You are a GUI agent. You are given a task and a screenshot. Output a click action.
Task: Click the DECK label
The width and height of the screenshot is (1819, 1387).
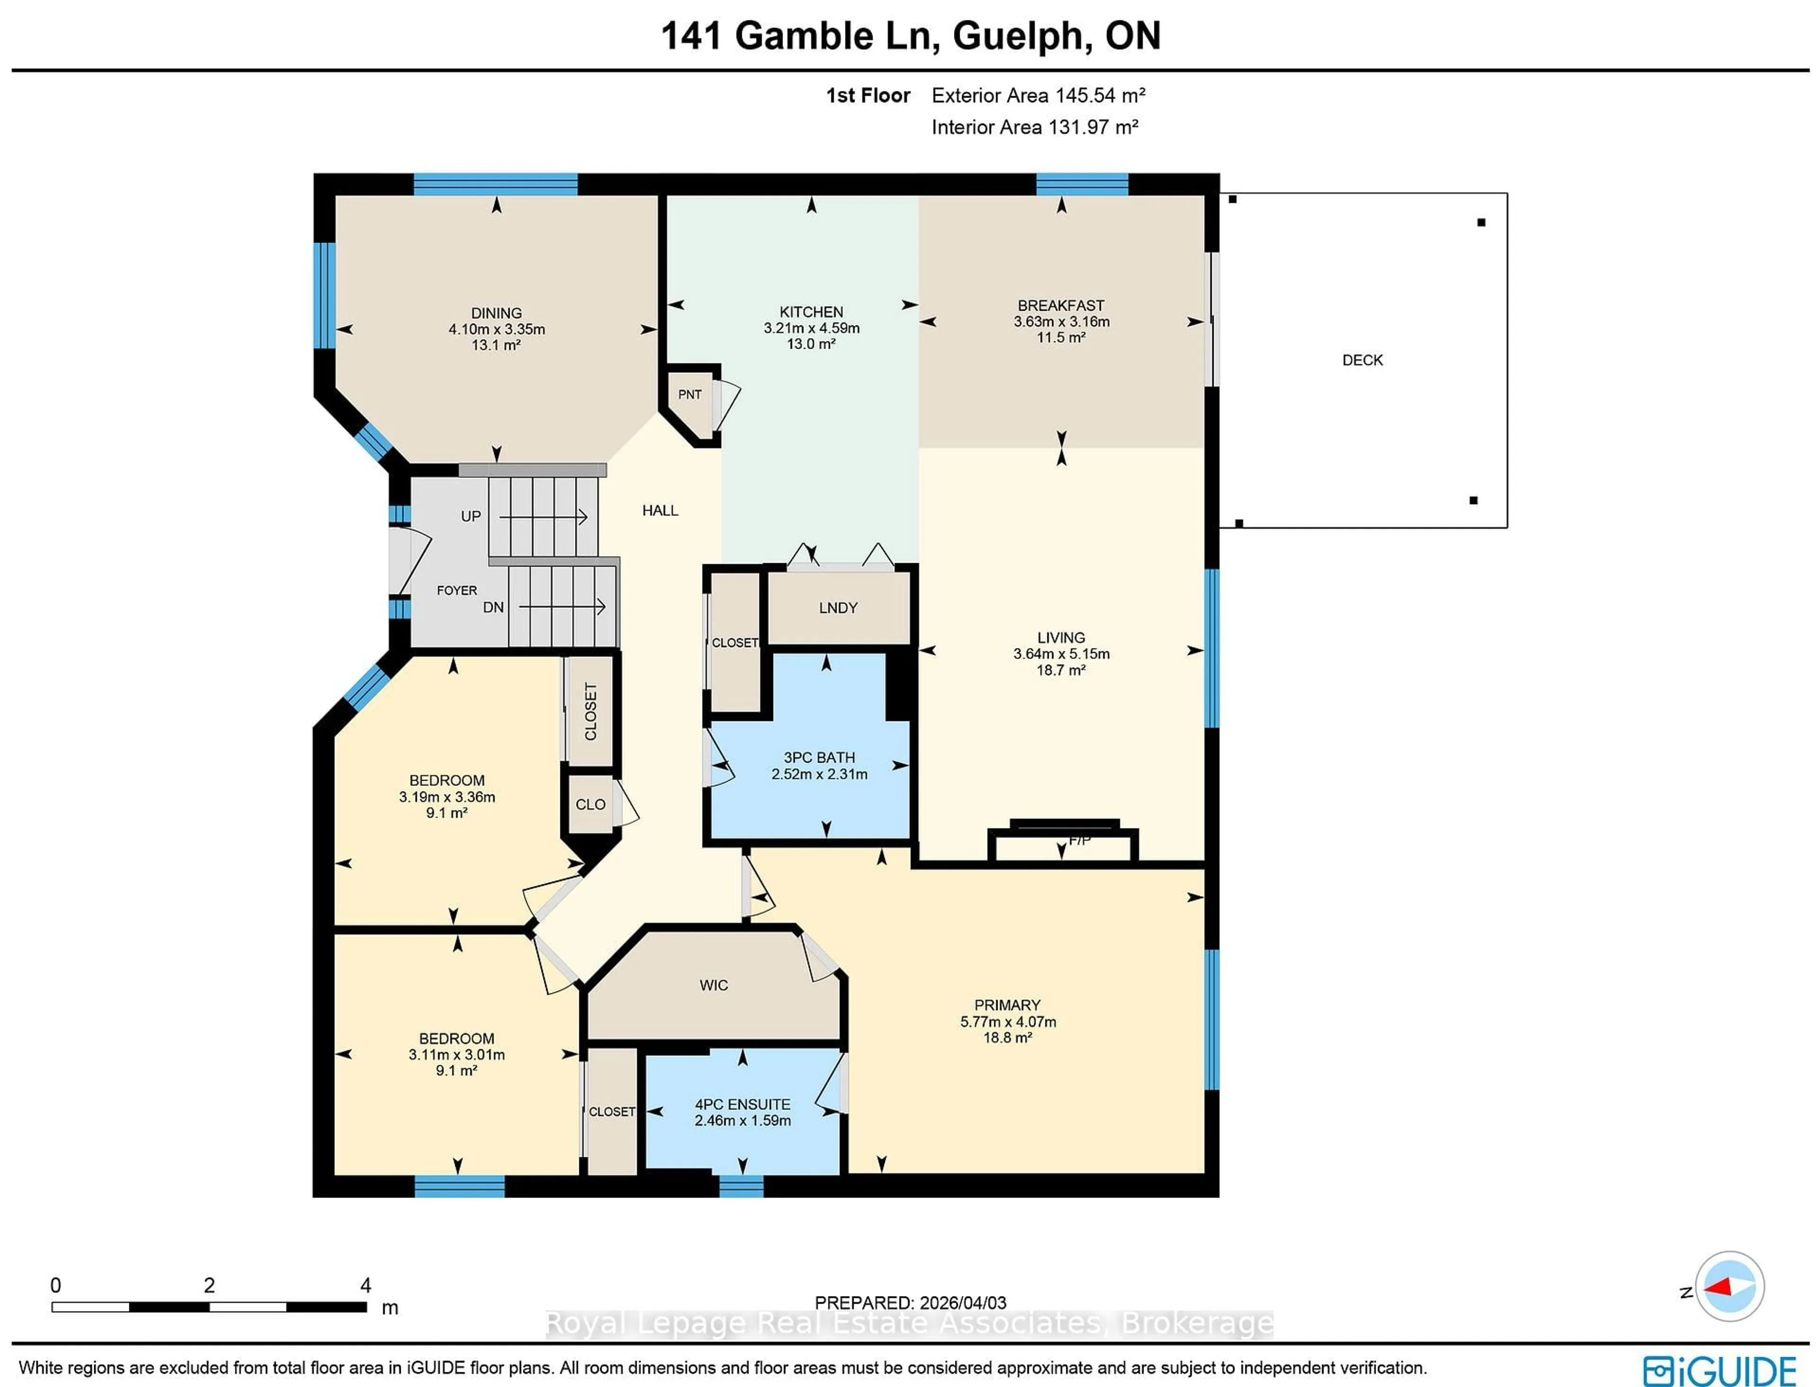[x=1361, y=360]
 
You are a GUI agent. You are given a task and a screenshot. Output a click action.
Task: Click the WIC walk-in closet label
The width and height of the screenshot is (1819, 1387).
[x=713, y=985]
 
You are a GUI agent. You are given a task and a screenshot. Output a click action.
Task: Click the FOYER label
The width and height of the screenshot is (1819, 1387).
[x=457, y=590]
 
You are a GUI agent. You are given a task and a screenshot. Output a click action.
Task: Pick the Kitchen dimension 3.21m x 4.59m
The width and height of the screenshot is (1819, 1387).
[x=811, y=328]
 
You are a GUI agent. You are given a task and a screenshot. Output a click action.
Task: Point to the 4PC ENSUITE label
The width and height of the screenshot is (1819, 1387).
[x=742, y=1104]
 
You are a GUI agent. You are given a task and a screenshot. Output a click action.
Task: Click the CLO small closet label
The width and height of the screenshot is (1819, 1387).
[x=590, y=804]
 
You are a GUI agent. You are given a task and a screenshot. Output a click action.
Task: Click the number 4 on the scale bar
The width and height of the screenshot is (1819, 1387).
[x=365, y=1285]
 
